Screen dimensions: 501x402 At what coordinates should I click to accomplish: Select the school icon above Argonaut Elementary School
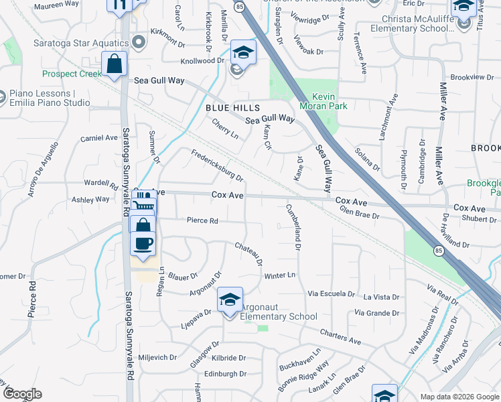pos(229,301)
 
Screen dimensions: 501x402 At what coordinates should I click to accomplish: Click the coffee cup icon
pos(143,243)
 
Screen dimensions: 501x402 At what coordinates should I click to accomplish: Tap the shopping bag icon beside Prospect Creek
pos(115,65)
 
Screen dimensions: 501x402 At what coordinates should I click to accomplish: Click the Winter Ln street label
pos(279,275)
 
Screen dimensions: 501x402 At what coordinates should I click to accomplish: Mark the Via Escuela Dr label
pos(331,293)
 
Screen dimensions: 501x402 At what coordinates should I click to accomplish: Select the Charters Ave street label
pos(340,334)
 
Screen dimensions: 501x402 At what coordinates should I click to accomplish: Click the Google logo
pos(22,394)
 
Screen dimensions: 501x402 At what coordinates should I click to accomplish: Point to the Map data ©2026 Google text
pos(460,397)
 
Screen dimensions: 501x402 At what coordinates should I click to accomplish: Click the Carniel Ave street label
pos(99,138)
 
